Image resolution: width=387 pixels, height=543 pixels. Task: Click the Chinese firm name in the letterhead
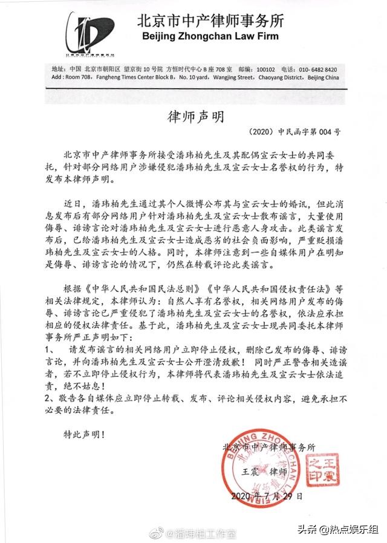click(211, 21)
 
